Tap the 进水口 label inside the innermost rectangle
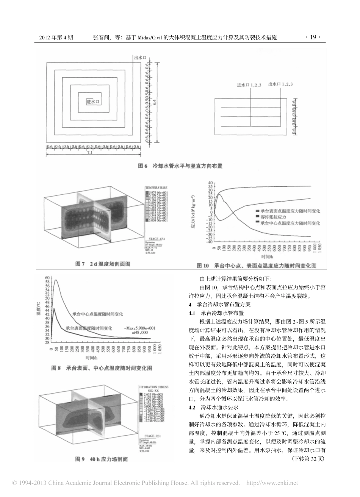[x=92, y=102]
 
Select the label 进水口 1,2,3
[x=249, y=85]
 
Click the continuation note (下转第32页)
[x=308, y=459]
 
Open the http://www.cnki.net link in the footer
[x=272, y=483]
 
